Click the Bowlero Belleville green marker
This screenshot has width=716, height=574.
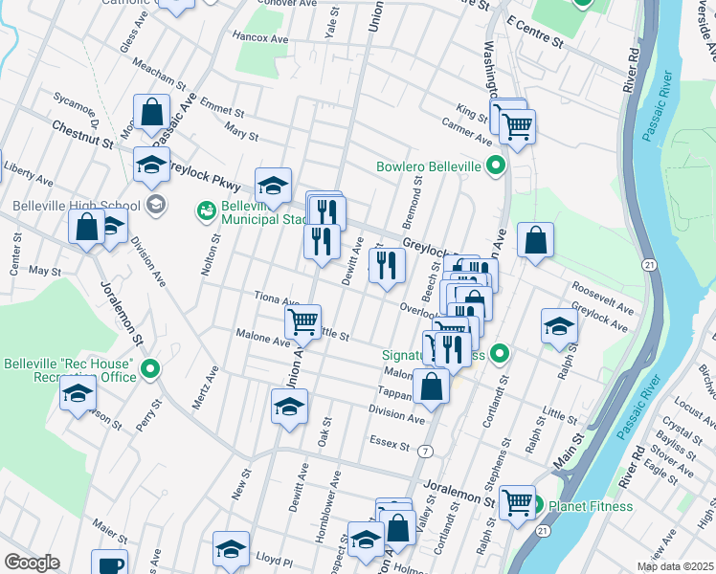(x=496, y=166)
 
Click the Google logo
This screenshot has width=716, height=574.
(x=32, y=563)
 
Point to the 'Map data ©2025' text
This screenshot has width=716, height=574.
(x=667, y=566)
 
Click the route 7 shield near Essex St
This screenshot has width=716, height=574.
(x=425, y=449)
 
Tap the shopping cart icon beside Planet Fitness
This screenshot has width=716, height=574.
(x=517, y=500)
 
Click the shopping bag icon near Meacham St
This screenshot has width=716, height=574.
(x=152, y=111)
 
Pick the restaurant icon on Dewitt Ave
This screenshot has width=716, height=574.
(x=386, y=265)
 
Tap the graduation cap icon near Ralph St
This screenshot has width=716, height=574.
(x=559, y=325)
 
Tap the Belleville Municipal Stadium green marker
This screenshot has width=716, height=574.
(x=206, y=210)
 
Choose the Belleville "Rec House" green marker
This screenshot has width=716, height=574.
(x=150, y=369)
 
